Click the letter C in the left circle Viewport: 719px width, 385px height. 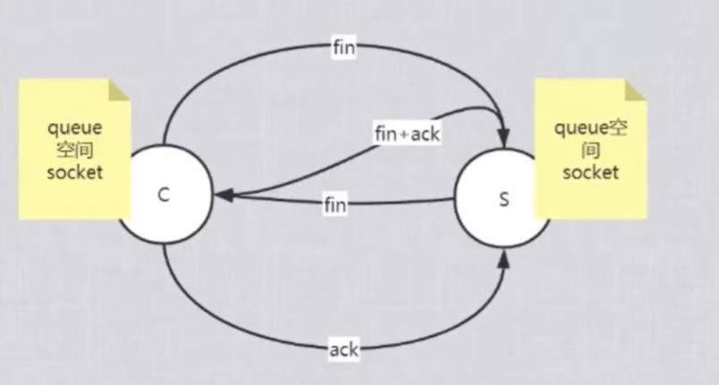[x=164, y=196]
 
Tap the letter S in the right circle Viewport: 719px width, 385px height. [x=503, y=200]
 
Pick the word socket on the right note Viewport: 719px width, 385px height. [x=591, y=172]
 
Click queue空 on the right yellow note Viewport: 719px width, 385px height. [x=591, y=128]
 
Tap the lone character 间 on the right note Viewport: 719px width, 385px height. [x=591, y=150]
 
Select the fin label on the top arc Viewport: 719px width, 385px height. [x=343, y=48]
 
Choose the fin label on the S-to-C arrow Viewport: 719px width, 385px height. [x=334, y=205]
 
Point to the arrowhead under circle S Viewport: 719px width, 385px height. [x=507, y=259]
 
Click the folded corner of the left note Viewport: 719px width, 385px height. [x=120, y=89]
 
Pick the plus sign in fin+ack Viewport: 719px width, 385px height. [x=403, y=134]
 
